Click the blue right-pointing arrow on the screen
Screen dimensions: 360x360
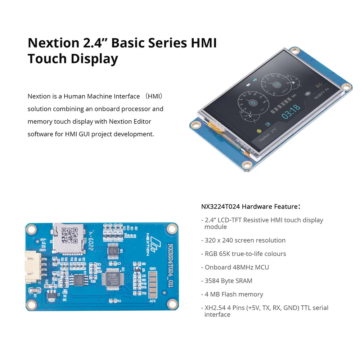pyautogui.click(x=254, y=79)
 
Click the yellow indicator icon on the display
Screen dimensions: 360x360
pyautogui.click(x=258, y=130)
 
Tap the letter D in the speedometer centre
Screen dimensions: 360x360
pyautogui.click(x=252, y=102)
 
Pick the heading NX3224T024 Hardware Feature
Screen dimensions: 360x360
pyautogui.click(x=251, y=207)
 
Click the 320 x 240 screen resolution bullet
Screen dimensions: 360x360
pyautogui.click(x=245, y=240)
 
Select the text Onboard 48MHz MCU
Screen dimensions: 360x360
pyautogui.click(x=237, y=267)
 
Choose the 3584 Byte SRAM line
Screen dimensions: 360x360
pyautogui.click(x=229, y=281)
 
